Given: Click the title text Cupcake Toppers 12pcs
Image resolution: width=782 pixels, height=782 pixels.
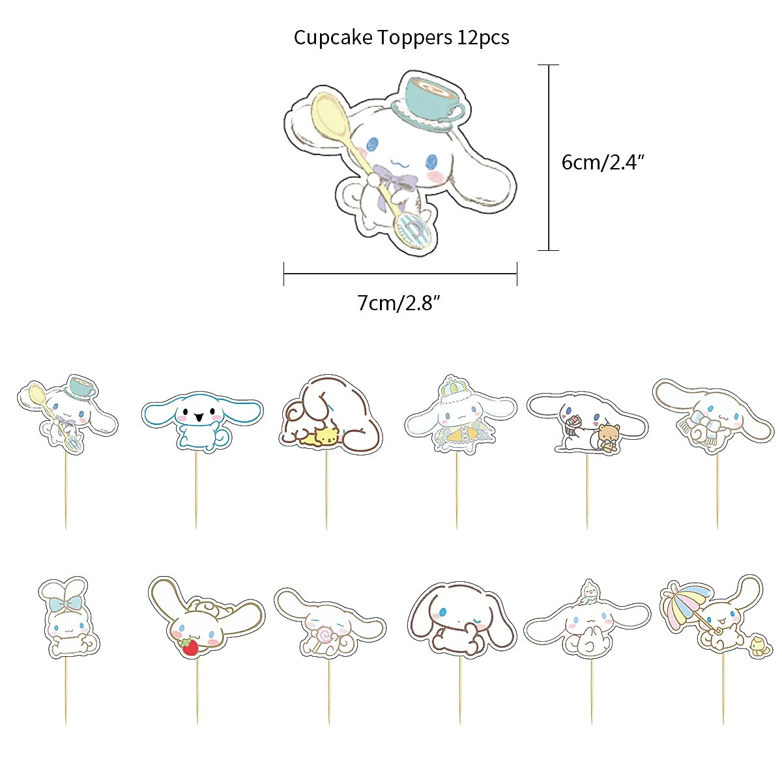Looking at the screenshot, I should pyautogui.click(x=401, y=37).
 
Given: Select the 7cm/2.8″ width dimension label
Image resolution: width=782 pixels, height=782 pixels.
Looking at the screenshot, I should pyautogui.click(x=399, y=303).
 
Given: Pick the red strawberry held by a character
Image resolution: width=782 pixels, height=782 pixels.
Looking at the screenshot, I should pyautogui.click(x=190, y=647).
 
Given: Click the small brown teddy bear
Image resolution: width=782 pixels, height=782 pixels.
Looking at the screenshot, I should pyautogui.click(x=610, y=436).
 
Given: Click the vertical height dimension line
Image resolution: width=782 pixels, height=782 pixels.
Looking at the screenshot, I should pyautogui.click(x=549, y=157).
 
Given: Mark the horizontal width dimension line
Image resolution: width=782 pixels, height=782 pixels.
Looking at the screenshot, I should pyautogui.click(x=400, y=274).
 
